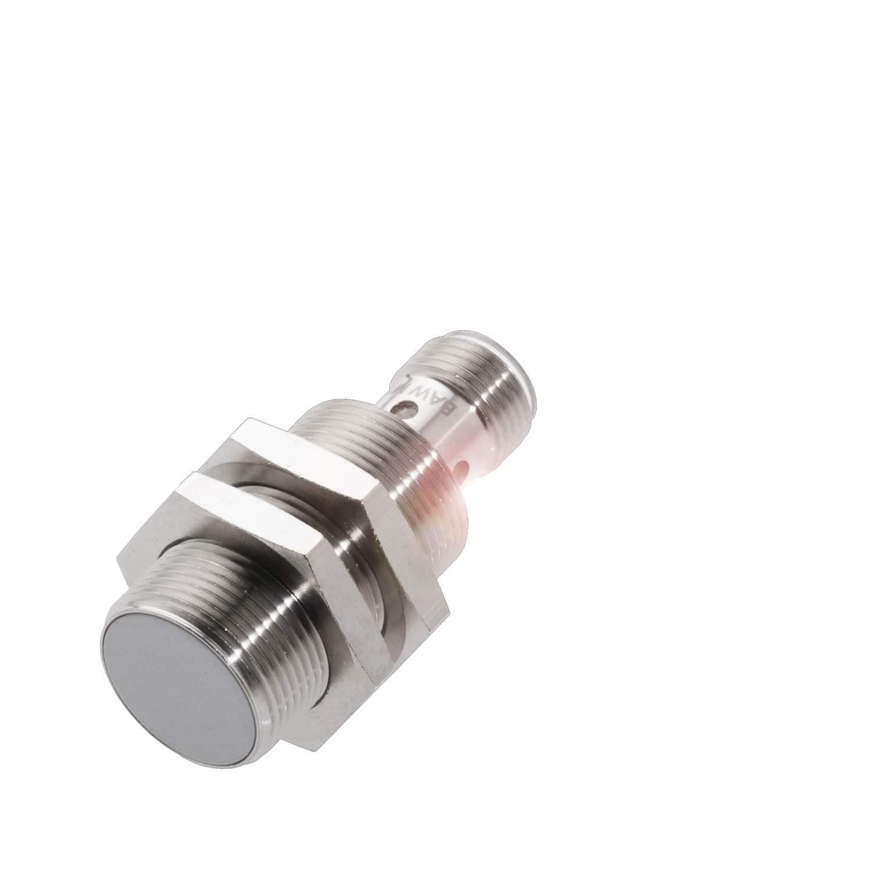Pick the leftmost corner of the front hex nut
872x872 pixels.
tap(116, 558)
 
